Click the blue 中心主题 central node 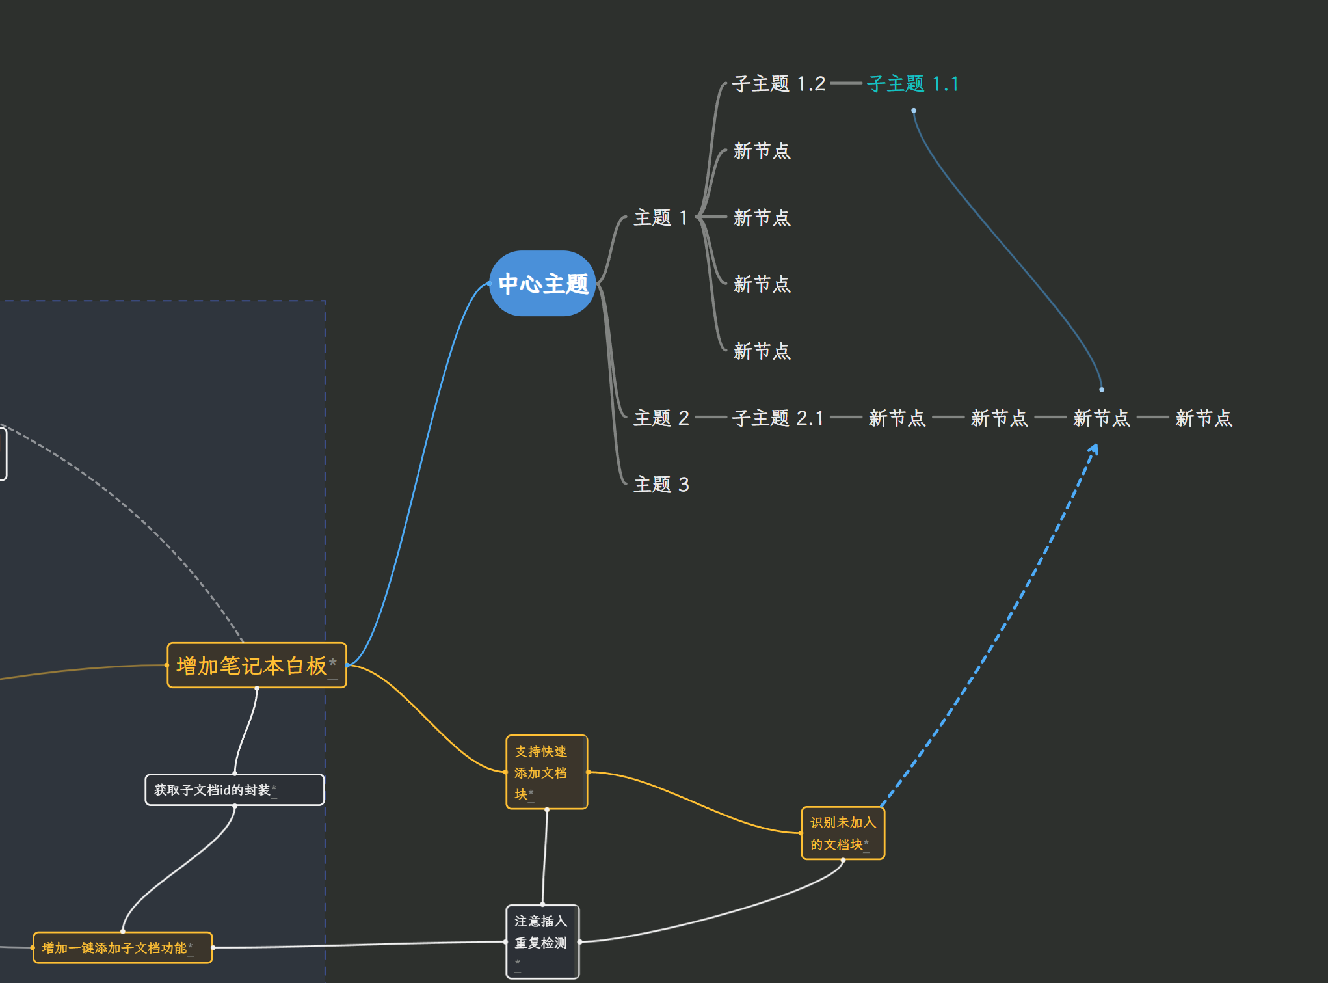[x=542, y=284]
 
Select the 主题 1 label [x=660, y=217]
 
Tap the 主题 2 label [x=661, y=418]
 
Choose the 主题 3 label [x=661, y=484]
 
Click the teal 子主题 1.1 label [x=912, y=84]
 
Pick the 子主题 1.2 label [x=778, y=84]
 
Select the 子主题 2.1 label [x=778, y=418]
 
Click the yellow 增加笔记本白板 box [x=256, y=665]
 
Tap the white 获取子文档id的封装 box [x=234, y=790]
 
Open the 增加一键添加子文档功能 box [x=122, y=948]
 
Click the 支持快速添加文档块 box [x=546, y=772]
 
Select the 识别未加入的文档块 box [x=843, y=833]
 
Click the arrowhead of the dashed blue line [x=1095, y=448]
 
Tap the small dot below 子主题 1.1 [x=914, y=111]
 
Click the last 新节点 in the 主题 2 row [x=1204, y=418]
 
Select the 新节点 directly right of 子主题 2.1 [x=897, y=418]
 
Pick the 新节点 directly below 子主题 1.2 [x=762, y=151]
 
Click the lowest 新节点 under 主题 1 [x=762, y=351]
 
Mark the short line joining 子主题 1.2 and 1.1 [x=846, y=83]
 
